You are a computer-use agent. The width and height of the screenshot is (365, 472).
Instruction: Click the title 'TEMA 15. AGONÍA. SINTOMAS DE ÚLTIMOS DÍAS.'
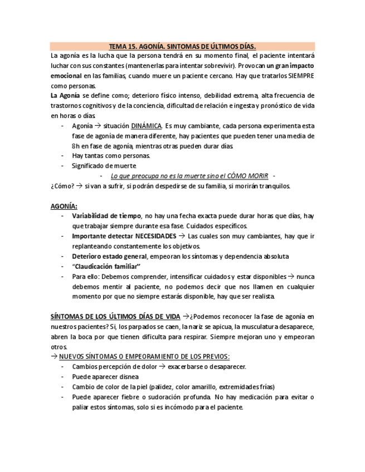pyautogui.click(x=182, y=46)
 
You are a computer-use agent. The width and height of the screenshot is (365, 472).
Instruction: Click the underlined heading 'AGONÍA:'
pyautogui.click(x=64, y=205)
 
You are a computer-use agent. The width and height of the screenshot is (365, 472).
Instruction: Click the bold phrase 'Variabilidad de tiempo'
pyautogui.click(x=106, y=215)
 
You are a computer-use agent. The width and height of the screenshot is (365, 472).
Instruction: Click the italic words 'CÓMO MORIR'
pyautogui.click(x=249, y=176)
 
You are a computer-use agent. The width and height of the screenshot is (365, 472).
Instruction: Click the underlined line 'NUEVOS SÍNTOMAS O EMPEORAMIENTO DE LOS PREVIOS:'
pyautogui.click(x=144, y=356)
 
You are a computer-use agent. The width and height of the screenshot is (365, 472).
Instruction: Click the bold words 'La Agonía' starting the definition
pyautogui.click(x=65, y=96)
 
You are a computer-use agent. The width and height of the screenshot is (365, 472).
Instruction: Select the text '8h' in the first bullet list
pyautogui.click(x=76, y=146)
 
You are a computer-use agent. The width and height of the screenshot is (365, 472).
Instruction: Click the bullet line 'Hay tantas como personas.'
pyautogui.click(x=103, y=156)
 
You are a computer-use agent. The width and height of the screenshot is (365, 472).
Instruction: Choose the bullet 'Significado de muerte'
pyautogui.click(x=104, y=166)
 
